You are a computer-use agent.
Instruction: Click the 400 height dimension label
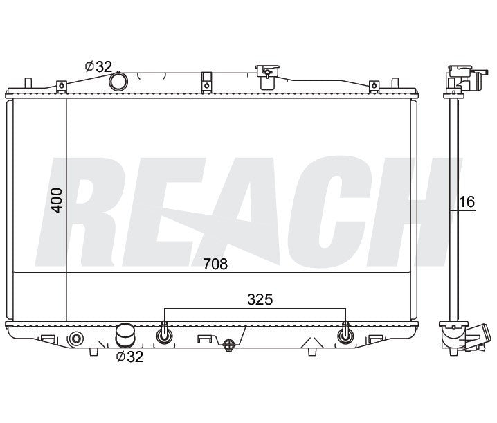[x=57, y=200]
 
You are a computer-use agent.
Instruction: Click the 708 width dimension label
[x=215, y=264]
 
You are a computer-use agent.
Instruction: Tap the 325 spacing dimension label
[x=260, y=299]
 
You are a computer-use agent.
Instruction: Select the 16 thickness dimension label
[x=467, y=201]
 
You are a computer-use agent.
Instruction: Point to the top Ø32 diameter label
[x=98, y=66]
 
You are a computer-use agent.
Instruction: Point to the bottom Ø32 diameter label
[x=129, y=357]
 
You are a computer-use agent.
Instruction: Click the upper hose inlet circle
[x=118, y=81]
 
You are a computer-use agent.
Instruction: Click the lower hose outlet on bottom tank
[x=125, y=335]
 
